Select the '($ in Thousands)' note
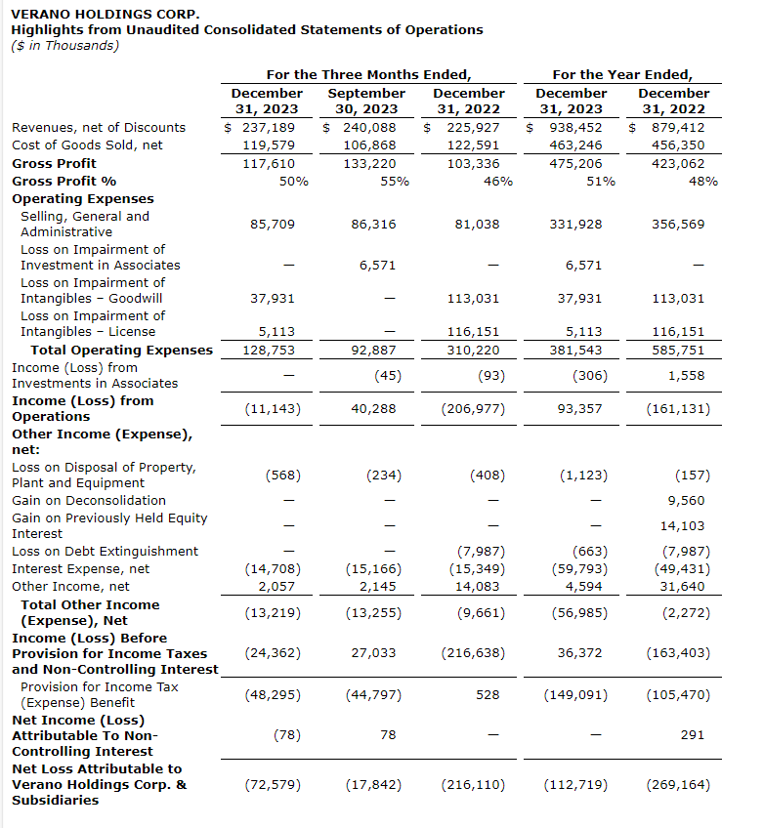tap(64, 45)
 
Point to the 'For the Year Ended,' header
tap(622, 74)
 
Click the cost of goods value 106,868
tap(373, 145)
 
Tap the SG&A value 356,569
tap(680, 224)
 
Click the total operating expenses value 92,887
tap(373, 350)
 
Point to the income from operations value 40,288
tap(373, 408)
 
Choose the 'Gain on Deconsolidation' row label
tap(89, 500)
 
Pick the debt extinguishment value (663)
tap(589, 551)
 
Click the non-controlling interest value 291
tap(692, 734)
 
